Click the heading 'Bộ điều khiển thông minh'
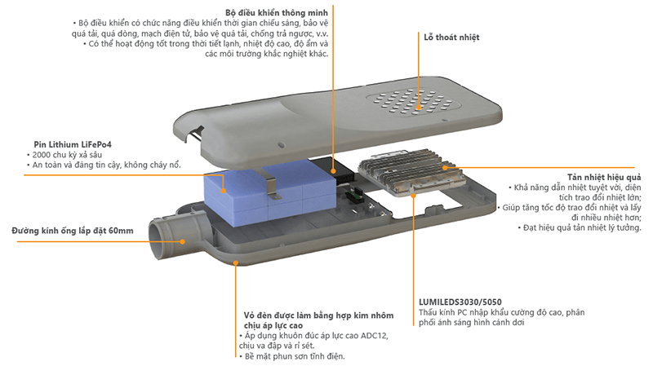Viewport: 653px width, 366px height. click(x=277, y=13)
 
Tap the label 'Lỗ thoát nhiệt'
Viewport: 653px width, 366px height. click(x=451, y=37)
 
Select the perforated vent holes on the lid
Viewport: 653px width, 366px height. click(x=411, y=101)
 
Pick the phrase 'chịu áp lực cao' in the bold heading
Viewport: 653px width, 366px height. click(x=277, y=325)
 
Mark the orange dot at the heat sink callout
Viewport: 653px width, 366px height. click(x=446, y=166)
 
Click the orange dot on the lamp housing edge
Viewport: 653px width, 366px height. click(x=236, y=262)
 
